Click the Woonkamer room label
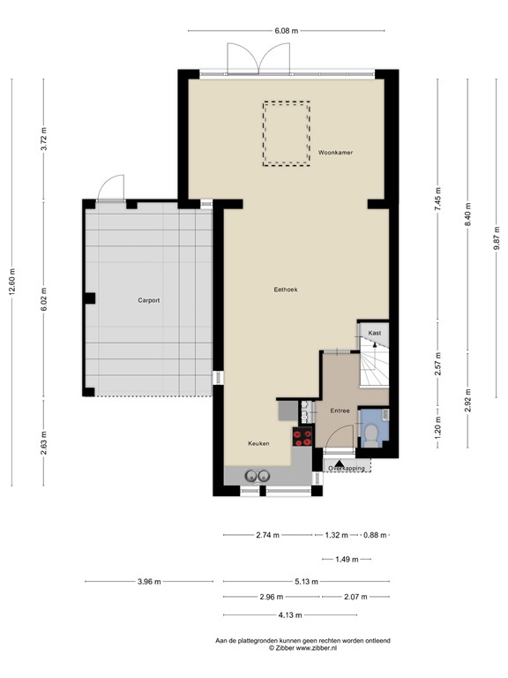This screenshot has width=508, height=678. tap(336, 153)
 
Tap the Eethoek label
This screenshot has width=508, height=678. tap(285, 290)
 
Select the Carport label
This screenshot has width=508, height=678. tap(148, 300)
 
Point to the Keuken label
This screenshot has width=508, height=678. tap(258, 443)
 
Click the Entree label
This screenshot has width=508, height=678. tap(340, 411)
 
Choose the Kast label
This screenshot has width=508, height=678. tap(374, 333)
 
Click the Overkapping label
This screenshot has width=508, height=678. tap(347, 468)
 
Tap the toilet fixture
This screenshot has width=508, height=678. tap(372, 433)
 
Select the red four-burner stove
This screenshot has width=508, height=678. tap(303, 437)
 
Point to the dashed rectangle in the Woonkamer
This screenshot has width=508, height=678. tap(285, 133)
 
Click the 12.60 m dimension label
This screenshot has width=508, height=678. tap(11, 282)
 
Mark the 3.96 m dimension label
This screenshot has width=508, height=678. tap(149, 582)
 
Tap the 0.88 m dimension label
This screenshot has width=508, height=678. tap(376, 535)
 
